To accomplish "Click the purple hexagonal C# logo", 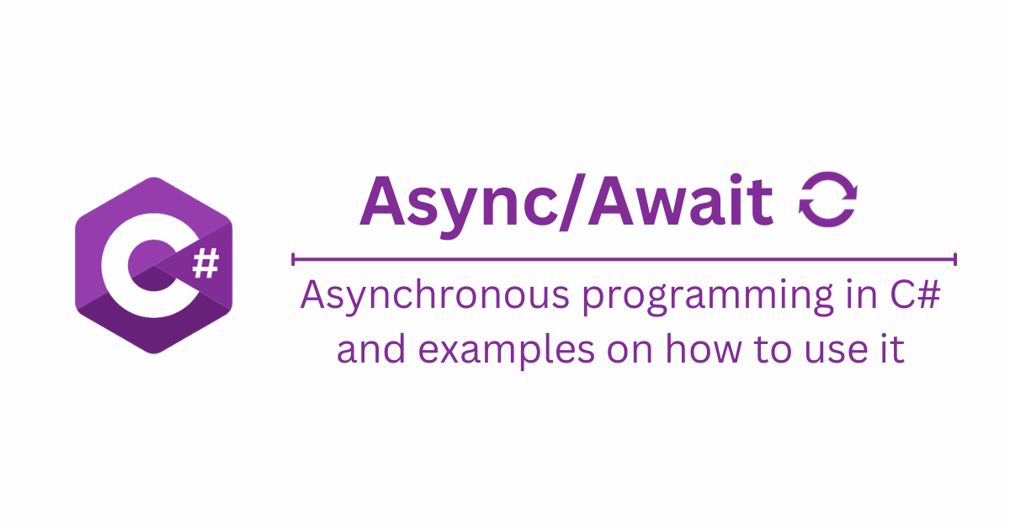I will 153,264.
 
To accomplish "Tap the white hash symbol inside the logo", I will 205,266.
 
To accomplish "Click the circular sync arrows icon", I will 827,201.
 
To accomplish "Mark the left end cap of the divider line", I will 293,258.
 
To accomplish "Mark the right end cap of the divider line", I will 955,258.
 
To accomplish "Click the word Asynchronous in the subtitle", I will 424,299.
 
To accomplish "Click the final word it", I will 894,348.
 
